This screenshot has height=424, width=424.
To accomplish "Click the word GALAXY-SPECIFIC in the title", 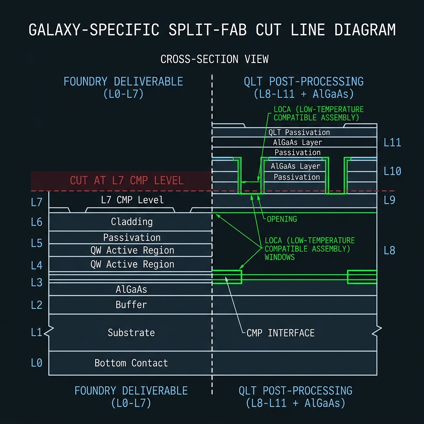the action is click(x=94, y=30).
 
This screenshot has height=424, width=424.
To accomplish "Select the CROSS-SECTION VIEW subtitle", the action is click(x=214, y=59).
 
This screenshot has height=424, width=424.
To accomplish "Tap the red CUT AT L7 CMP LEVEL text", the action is click(x=127, y=181).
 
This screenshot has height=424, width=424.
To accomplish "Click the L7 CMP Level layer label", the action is click(x=132, y=200).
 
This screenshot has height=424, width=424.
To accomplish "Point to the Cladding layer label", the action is click(x=132, y=222).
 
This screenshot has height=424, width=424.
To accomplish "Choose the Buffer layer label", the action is click(x=131, y=305).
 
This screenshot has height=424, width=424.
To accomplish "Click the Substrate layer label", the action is click(x=131, y=332).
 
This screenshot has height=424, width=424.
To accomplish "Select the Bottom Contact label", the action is click(x=131, y=363).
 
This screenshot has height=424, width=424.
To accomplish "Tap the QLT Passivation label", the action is click(x=299, y=132).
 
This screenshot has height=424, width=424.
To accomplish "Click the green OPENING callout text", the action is click(x=282, y=219).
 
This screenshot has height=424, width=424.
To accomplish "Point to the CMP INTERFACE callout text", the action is click(x=281, y=333).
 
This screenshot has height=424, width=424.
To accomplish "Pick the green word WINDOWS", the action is click(x=279, y=257).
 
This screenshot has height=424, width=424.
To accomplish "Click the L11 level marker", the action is click(x=393, y=142).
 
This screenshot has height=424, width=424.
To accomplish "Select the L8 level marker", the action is click(x=389, y=251).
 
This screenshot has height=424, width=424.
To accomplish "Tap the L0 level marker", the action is click(x=36, y=363).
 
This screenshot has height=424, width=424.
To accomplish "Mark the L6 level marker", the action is click(x=36, y=222).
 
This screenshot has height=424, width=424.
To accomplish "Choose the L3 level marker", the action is click(x=36, y=282).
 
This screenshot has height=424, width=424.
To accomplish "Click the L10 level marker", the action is click(x=393, y=171).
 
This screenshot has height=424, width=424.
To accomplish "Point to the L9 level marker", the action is click(x=389, y=200).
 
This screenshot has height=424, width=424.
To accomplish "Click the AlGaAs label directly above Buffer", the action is click(x=131, y=289).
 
